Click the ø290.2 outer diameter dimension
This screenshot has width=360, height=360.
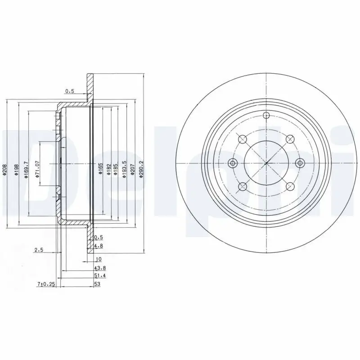point(141,169)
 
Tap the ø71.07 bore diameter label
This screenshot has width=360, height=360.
point(38,169)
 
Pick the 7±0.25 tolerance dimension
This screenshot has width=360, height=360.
point(46,284)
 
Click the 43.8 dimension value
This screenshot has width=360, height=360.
point(100,268)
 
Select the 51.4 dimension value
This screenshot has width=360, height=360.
point(100,276)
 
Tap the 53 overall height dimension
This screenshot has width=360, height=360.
point(97,284)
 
